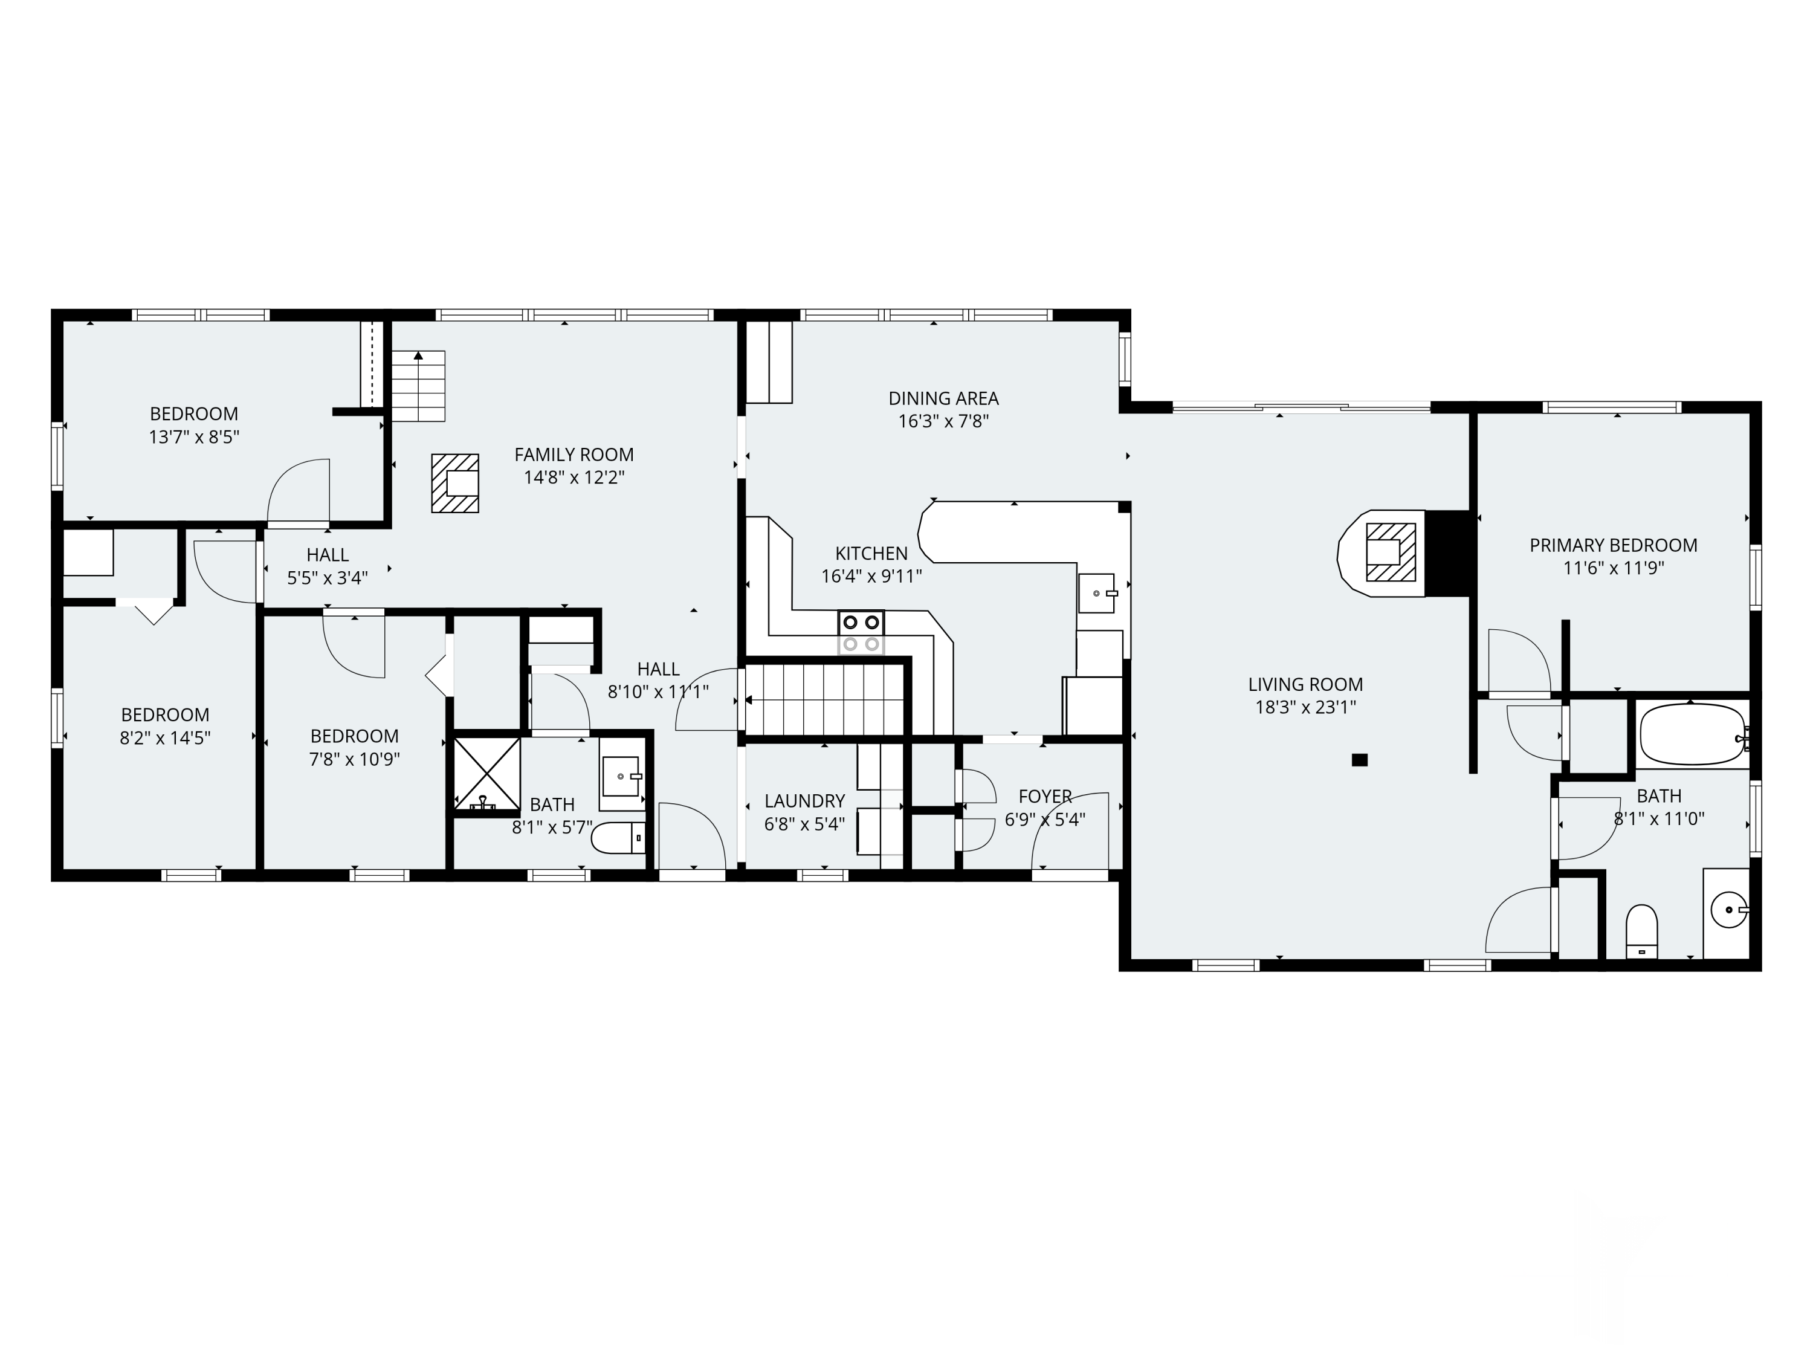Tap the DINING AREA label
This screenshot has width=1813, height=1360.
(943, 399)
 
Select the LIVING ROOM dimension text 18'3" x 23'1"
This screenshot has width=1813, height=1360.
(1305, 707)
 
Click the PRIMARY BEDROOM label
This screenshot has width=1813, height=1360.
(1613, 546)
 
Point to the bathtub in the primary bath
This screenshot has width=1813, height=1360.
(1691, 734)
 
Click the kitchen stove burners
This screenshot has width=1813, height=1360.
(861, 633)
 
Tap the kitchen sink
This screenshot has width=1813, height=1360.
(1097, 593)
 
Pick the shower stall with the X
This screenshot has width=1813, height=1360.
(487, 773)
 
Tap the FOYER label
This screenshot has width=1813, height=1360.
(1045, 797)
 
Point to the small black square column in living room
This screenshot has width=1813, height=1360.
(1360, 760)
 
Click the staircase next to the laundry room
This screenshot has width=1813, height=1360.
(824, 700)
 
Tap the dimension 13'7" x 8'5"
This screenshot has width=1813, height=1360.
(193, 438)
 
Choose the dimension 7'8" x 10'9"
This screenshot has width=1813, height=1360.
(354, 760)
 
